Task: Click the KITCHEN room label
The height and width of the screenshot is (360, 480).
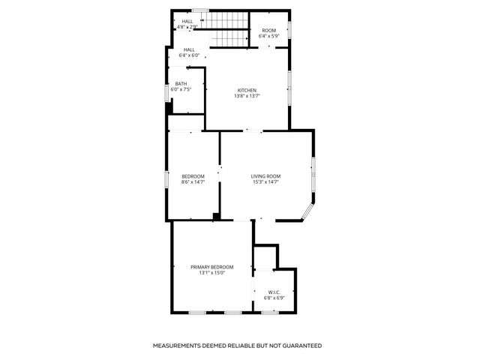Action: click(247, 90)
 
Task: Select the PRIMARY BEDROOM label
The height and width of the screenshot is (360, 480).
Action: click(211, 267)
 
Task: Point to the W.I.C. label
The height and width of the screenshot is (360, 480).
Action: click(274, 292)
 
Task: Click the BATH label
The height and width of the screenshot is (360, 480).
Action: click(181, 83)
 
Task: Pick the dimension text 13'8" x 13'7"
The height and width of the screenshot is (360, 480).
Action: click(247, 96)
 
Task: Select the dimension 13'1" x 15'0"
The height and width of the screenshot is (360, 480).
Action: click(211, 273)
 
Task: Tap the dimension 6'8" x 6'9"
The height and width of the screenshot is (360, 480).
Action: click(274, 298)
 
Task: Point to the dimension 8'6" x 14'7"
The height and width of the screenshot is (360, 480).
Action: click(193, 182)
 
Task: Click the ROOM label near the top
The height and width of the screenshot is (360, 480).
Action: click(268, 31)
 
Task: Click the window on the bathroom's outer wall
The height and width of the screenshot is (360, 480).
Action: click(167, 92)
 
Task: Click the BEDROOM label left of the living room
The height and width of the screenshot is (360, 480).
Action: click(193, 176)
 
